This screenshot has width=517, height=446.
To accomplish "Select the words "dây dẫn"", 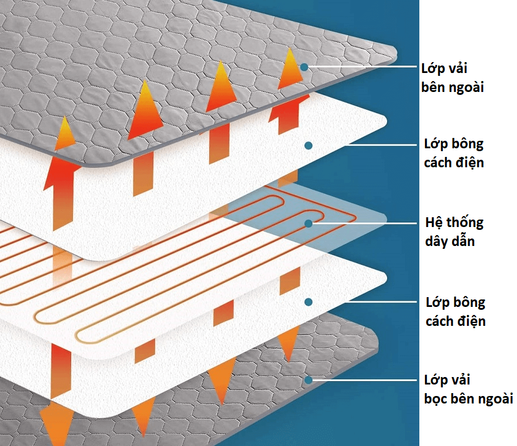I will (x=450, y=241).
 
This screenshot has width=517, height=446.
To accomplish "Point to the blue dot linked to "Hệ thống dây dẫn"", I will (x=308, y=223).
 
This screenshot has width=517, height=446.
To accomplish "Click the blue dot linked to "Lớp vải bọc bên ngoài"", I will (x=308, y=380).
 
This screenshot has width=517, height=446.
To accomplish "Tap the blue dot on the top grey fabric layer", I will (x=304, y=67).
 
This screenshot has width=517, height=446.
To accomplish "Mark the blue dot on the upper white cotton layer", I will (x=308, y=145).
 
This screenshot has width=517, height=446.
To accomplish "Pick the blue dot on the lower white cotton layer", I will (x=308, y=301).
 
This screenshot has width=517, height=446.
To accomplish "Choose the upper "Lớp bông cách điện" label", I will (x=454, y=153).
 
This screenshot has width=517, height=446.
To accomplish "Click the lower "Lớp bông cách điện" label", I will (x=455, y=311).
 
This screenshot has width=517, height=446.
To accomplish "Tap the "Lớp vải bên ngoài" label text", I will (x=452, y=78).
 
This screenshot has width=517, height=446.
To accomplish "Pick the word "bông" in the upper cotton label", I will (x=466, y=144).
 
